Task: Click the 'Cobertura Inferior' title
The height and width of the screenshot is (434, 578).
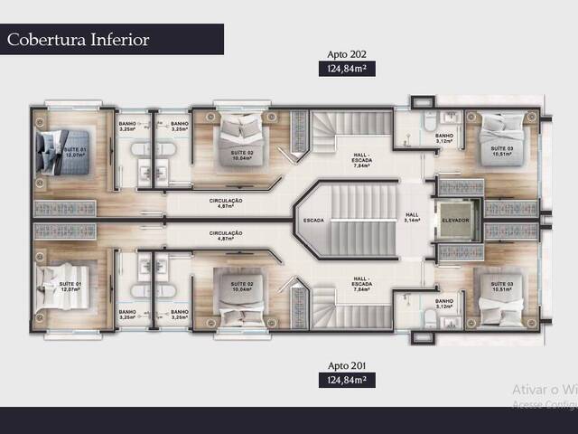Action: tap(78, 40)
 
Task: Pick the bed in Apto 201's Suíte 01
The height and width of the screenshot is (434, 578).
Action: tap(55, 286)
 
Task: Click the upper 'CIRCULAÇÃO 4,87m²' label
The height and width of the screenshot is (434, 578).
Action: tap(226, 203)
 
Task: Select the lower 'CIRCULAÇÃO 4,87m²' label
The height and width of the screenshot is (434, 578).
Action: tap(226, 234)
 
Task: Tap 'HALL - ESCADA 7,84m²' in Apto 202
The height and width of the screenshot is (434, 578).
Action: tap(364, 160)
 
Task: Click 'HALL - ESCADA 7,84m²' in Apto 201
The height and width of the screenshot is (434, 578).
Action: tap(364, 281)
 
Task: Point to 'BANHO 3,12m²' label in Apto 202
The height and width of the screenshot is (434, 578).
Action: tap(443, 139)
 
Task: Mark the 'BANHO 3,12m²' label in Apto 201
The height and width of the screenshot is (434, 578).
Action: tap(443, 303)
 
